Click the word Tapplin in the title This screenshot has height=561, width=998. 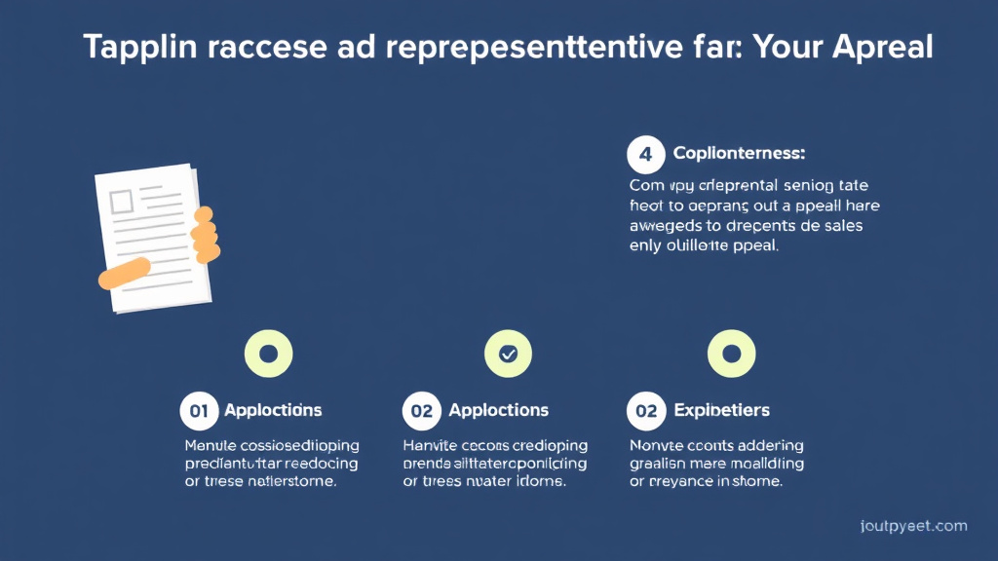[135, 47]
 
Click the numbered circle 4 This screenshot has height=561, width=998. [645, 154]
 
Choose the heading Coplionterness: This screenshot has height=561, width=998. [739, 154]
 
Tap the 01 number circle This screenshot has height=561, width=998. [199, 410]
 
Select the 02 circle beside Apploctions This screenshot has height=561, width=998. [422, 410]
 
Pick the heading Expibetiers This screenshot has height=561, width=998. [721, 410]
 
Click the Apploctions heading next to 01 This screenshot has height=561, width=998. [273, 410]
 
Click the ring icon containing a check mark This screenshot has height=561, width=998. [508, 355]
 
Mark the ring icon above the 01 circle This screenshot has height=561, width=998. [269, 355]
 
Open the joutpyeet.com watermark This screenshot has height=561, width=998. [914, 526]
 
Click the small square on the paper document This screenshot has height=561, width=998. [122, 202]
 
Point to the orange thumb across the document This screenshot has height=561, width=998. [124, 273]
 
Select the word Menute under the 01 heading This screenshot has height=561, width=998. [210, 445]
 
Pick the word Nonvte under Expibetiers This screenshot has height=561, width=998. [655, 445]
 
